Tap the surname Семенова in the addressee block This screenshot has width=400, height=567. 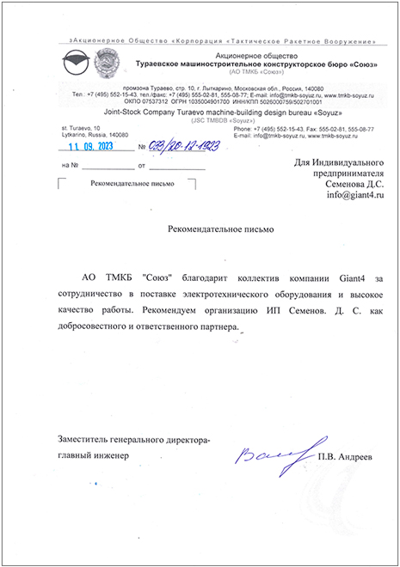click(x=333, y=184)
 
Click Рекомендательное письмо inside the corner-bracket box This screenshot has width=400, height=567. click(x=124, y=184)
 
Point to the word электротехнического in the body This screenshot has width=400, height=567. click(x=231, y=294)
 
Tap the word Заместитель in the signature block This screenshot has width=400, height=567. click(x=84, y=439)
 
